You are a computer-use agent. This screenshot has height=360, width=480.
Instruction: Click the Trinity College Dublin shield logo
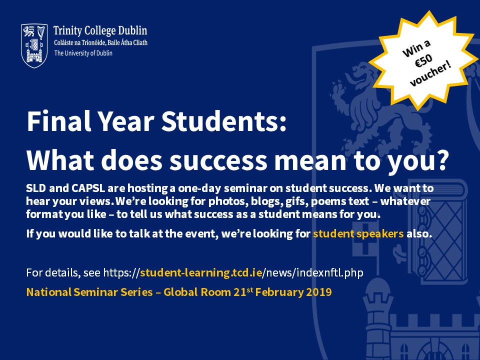(x=34, y=45)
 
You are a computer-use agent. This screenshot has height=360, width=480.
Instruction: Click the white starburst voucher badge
(x=423, y=60)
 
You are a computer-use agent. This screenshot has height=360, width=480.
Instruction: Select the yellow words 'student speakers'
(x=358, y=233)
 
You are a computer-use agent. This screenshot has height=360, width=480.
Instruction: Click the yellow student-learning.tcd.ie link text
(x=201, y=272)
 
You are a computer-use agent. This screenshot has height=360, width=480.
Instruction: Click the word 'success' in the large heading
(x=218, y=160)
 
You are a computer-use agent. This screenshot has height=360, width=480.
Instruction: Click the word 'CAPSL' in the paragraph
(x=88, y=188)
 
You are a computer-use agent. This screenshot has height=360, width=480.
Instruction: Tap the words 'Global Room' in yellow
(x=197, y=292)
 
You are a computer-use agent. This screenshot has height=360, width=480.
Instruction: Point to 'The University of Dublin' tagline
(x=83, y=53)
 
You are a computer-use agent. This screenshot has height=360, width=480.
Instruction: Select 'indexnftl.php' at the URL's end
(x=330, y=272)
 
